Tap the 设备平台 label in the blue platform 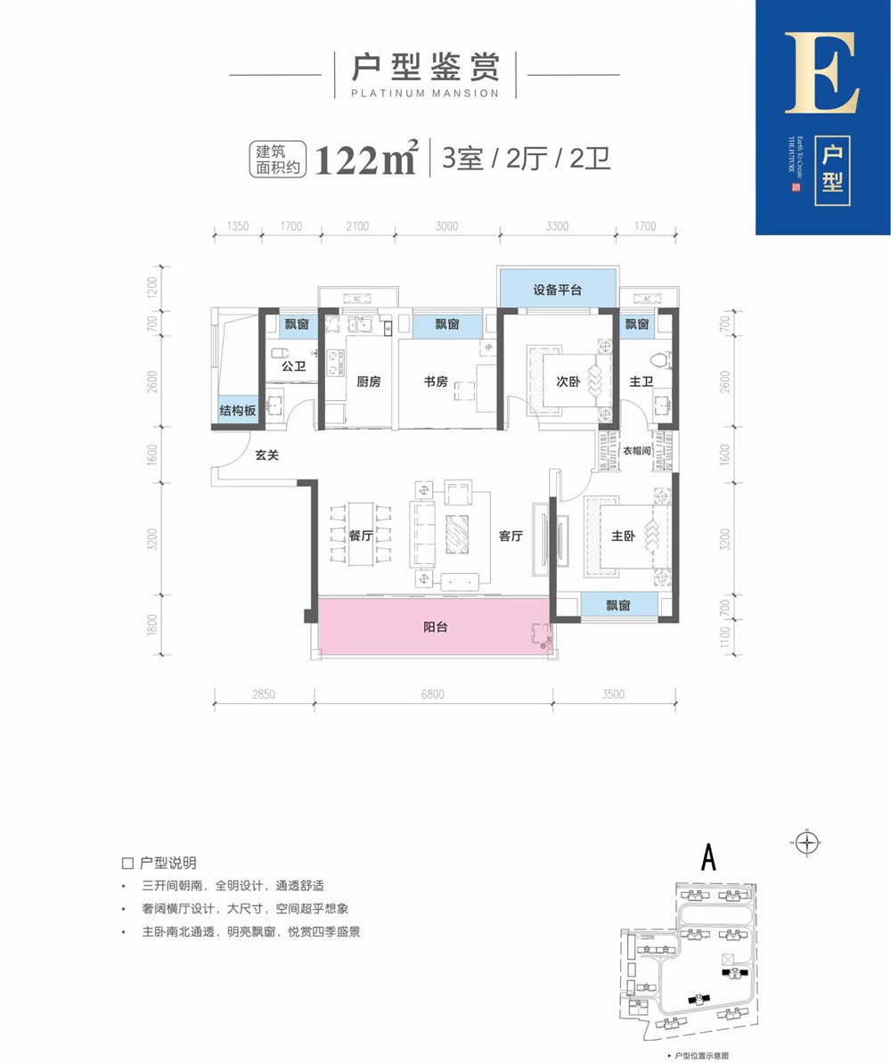[x=558, y=290]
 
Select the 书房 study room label [x=436, y=382]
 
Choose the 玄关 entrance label [x=267, y=455]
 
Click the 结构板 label [x=238, y=412]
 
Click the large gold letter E [x=822, y=75]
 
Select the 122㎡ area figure [x=366, y=160]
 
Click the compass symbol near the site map [x=809, y=841]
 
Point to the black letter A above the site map [x=709, y=857]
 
